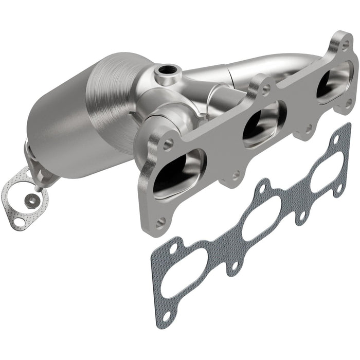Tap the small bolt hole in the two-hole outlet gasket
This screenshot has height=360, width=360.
(x=19, y=222)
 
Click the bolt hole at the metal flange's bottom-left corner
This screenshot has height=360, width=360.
(x=161, y=222)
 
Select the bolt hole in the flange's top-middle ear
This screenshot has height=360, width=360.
(x=265, y=88)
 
